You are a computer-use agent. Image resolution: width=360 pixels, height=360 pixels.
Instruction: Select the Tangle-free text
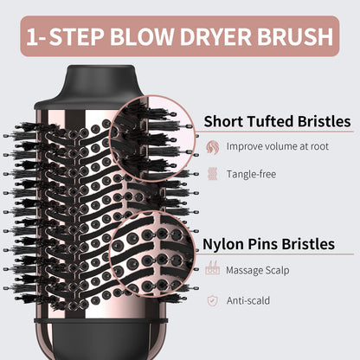251,174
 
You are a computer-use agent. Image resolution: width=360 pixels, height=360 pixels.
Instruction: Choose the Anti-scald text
249,299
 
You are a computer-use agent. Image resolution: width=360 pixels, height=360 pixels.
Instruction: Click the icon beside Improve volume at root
212,146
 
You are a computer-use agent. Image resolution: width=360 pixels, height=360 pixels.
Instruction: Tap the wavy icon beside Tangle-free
212,174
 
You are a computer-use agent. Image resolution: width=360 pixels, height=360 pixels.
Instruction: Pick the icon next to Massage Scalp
212,271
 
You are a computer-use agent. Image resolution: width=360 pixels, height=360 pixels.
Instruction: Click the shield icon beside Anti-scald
212,299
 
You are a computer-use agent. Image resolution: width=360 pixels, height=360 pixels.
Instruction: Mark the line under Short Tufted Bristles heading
260,134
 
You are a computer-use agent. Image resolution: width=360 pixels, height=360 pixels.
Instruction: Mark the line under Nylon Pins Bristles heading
260,258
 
